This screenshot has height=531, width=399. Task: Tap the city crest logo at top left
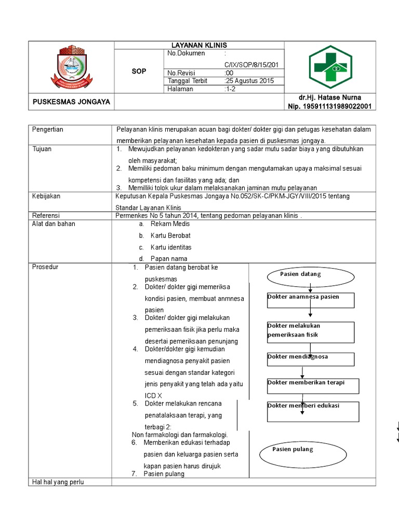71,67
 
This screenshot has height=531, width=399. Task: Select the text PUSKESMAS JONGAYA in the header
71,102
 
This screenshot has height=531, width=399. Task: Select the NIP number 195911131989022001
330,106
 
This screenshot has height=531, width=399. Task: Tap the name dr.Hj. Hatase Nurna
330,97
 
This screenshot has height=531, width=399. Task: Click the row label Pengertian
48,130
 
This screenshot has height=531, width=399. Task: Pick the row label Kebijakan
46,197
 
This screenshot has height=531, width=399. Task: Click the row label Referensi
46,215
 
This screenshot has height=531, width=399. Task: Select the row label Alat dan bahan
54,224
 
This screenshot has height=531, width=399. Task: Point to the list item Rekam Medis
170,224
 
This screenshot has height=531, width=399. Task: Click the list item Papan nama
169,258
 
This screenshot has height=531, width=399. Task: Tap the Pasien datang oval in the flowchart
300,274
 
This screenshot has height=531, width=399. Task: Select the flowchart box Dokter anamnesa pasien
310,300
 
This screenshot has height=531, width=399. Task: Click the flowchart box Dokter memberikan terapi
313,385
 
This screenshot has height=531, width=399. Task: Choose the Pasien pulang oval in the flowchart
302,450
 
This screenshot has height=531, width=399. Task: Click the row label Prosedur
45,267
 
